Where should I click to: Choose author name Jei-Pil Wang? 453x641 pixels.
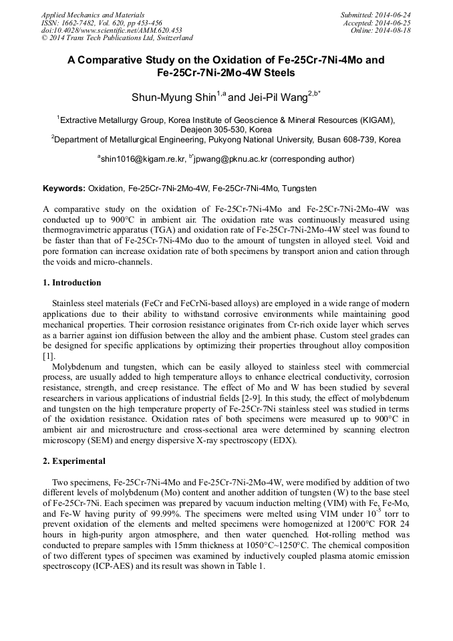[275, 98]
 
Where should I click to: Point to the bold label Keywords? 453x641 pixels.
[63, 188]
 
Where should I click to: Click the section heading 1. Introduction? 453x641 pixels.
[71, 283]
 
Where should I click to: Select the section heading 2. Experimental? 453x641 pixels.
[73, 461]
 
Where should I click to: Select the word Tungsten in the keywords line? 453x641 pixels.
[298, 188]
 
